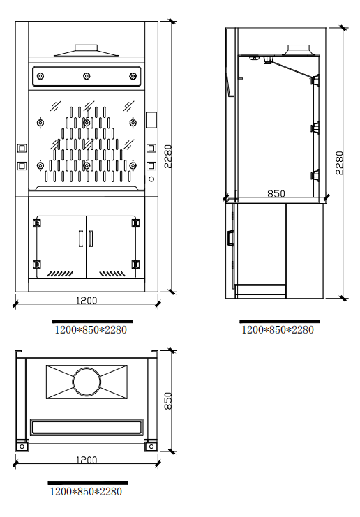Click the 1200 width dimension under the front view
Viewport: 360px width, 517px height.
(87, 301)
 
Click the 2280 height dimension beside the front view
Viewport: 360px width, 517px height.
(168, 156)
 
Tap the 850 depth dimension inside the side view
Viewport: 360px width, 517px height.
(276, 193)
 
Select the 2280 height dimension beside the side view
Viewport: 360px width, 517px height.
(339, 163)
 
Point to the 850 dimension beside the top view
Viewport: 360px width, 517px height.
(168, 400)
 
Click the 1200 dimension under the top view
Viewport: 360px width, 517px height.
(87, 460)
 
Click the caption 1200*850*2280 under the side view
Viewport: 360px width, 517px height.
(278, 330)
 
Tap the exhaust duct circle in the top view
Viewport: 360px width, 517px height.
(87, 382)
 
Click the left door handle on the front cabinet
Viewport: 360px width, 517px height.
(81, 239)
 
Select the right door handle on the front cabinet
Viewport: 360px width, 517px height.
(91, 239)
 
